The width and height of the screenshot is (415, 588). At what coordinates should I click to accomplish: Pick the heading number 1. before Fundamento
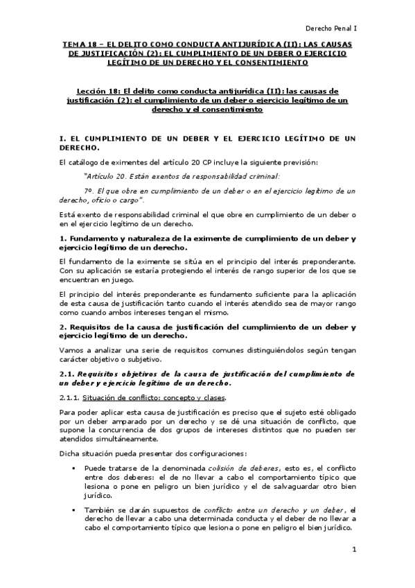click(x=64, y=239)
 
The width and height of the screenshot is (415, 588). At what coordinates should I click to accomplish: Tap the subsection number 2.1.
click(x=67, y=374)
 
